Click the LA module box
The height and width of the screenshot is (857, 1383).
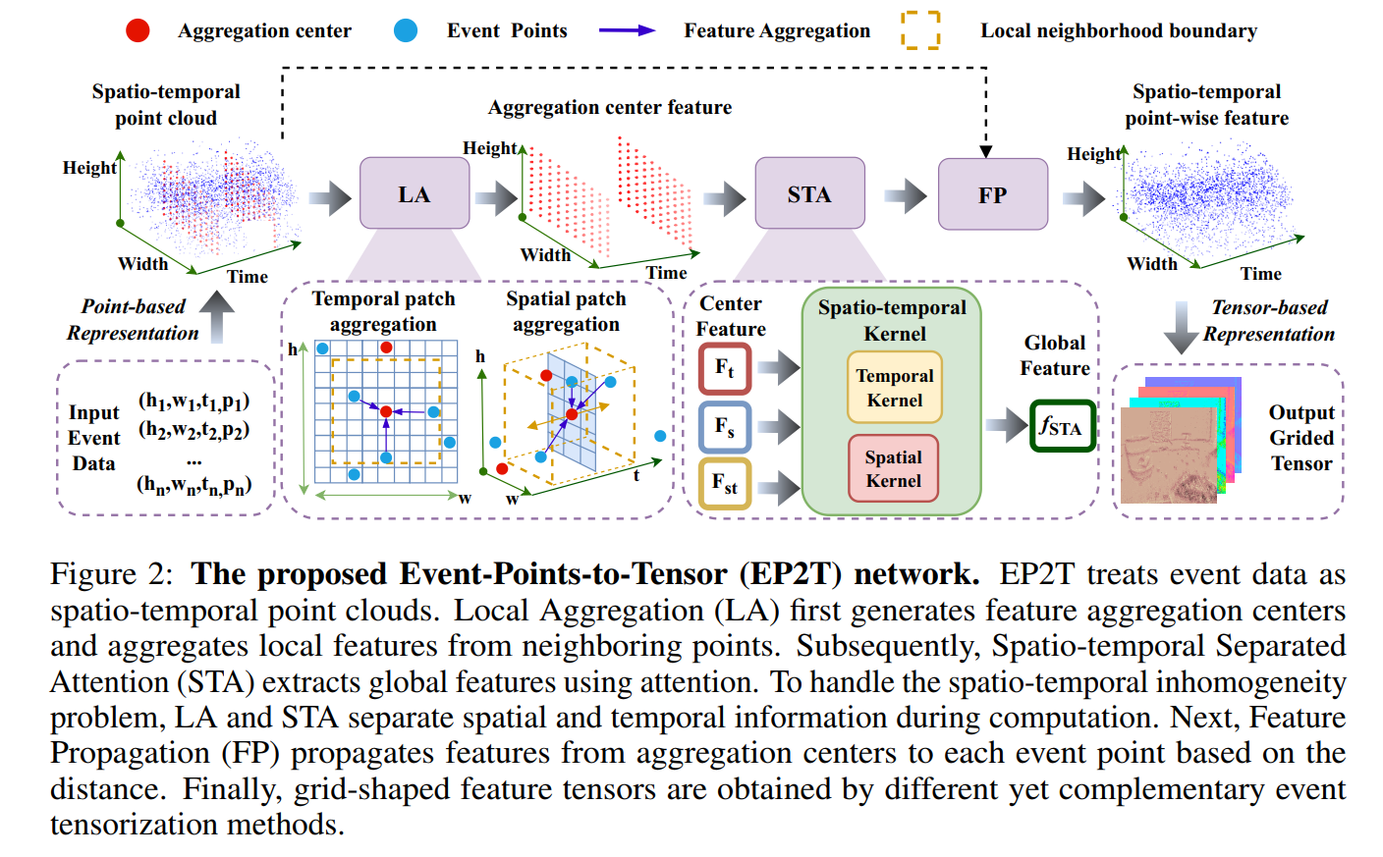pos(414,193)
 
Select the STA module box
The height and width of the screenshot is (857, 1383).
pos(809,193)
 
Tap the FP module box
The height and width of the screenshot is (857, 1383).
pos(992,194)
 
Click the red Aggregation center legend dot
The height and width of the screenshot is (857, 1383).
pos(138,30)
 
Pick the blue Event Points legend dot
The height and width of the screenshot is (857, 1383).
pos(405,30)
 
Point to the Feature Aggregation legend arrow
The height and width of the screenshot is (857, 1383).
pos(627,30)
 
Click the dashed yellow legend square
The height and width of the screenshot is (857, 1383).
pos(920,30)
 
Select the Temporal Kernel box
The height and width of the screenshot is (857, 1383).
pos(894,388)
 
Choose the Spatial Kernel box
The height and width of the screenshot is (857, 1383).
pos(893,468)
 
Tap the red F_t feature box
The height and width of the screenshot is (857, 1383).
pos(725,368)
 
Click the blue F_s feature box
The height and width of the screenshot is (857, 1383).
pos(725,426)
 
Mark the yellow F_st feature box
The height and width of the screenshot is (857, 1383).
pos(725,483)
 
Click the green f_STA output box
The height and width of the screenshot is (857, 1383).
pos(1062,426)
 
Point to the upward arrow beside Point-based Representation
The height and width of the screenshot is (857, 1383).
pos(217,316)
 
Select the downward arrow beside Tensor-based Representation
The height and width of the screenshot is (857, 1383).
pos(1180,328)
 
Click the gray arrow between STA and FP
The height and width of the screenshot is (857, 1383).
pos(905,195)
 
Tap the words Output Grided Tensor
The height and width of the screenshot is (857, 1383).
pos(1301,438)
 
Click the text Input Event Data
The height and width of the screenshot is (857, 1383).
pos(94,438)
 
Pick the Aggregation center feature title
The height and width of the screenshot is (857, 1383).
pos(609,107)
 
